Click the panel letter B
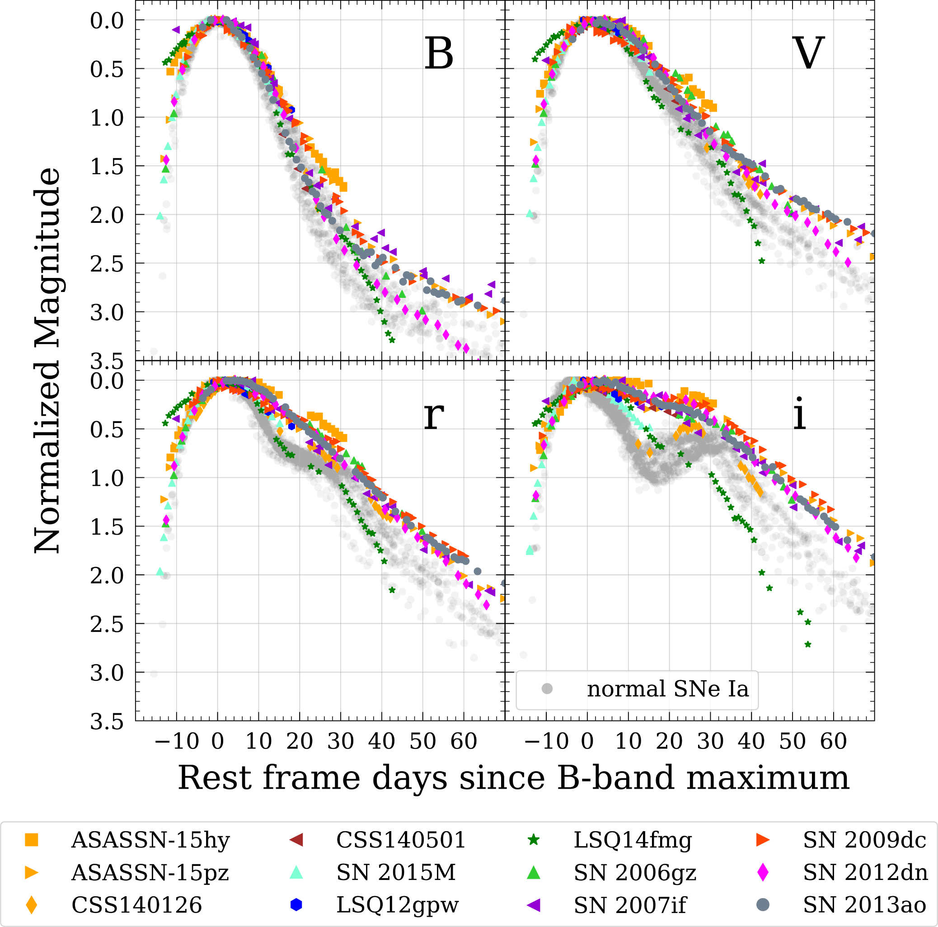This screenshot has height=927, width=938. click(x=438, y=53)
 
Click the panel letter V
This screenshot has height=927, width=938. click(x=808, y=53)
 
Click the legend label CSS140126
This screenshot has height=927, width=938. click(x=136, y=905)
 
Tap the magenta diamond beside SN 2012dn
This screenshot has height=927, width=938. click(x=763, y=872)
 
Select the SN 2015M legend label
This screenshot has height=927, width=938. click(x=396, y=872)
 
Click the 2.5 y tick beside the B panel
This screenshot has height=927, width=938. click(x=107, y=264)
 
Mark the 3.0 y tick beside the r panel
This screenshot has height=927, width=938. click(x=107, y=673)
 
